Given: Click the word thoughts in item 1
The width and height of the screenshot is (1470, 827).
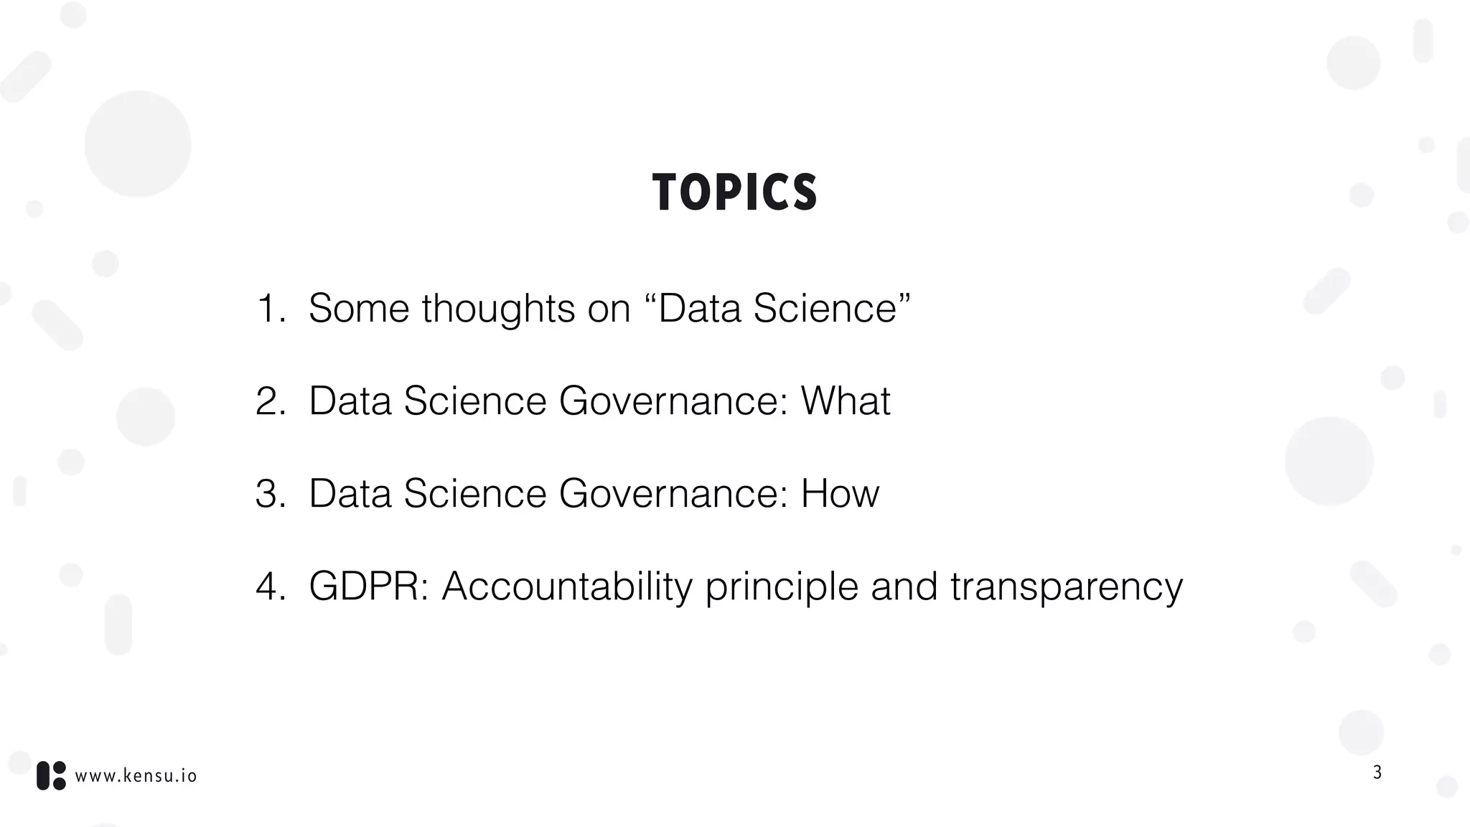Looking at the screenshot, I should click(x=498, y=309).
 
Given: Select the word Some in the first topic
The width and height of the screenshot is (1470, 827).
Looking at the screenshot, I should click(x=359, y=309).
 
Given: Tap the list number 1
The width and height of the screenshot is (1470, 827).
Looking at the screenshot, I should click(x=270, y=309).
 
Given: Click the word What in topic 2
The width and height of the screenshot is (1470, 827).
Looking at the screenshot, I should click(x=845, y=401).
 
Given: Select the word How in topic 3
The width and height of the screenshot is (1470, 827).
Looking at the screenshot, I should click(x=840, y=494).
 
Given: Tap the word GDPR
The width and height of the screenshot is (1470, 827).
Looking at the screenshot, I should click(x=368, y=587).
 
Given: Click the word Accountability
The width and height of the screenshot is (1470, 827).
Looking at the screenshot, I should click(x=567, y=587).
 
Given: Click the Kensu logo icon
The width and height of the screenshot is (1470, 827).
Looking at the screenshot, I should click(x=51, y=775).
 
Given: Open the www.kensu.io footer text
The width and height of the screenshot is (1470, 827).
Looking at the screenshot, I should click(x=136, y=776).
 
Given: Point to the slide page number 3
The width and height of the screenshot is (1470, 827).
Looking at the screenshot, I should click(x=1377, y=772).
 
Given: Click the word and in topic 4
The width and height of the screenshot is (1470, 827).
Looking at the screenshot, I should click(x=904, y=587).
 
